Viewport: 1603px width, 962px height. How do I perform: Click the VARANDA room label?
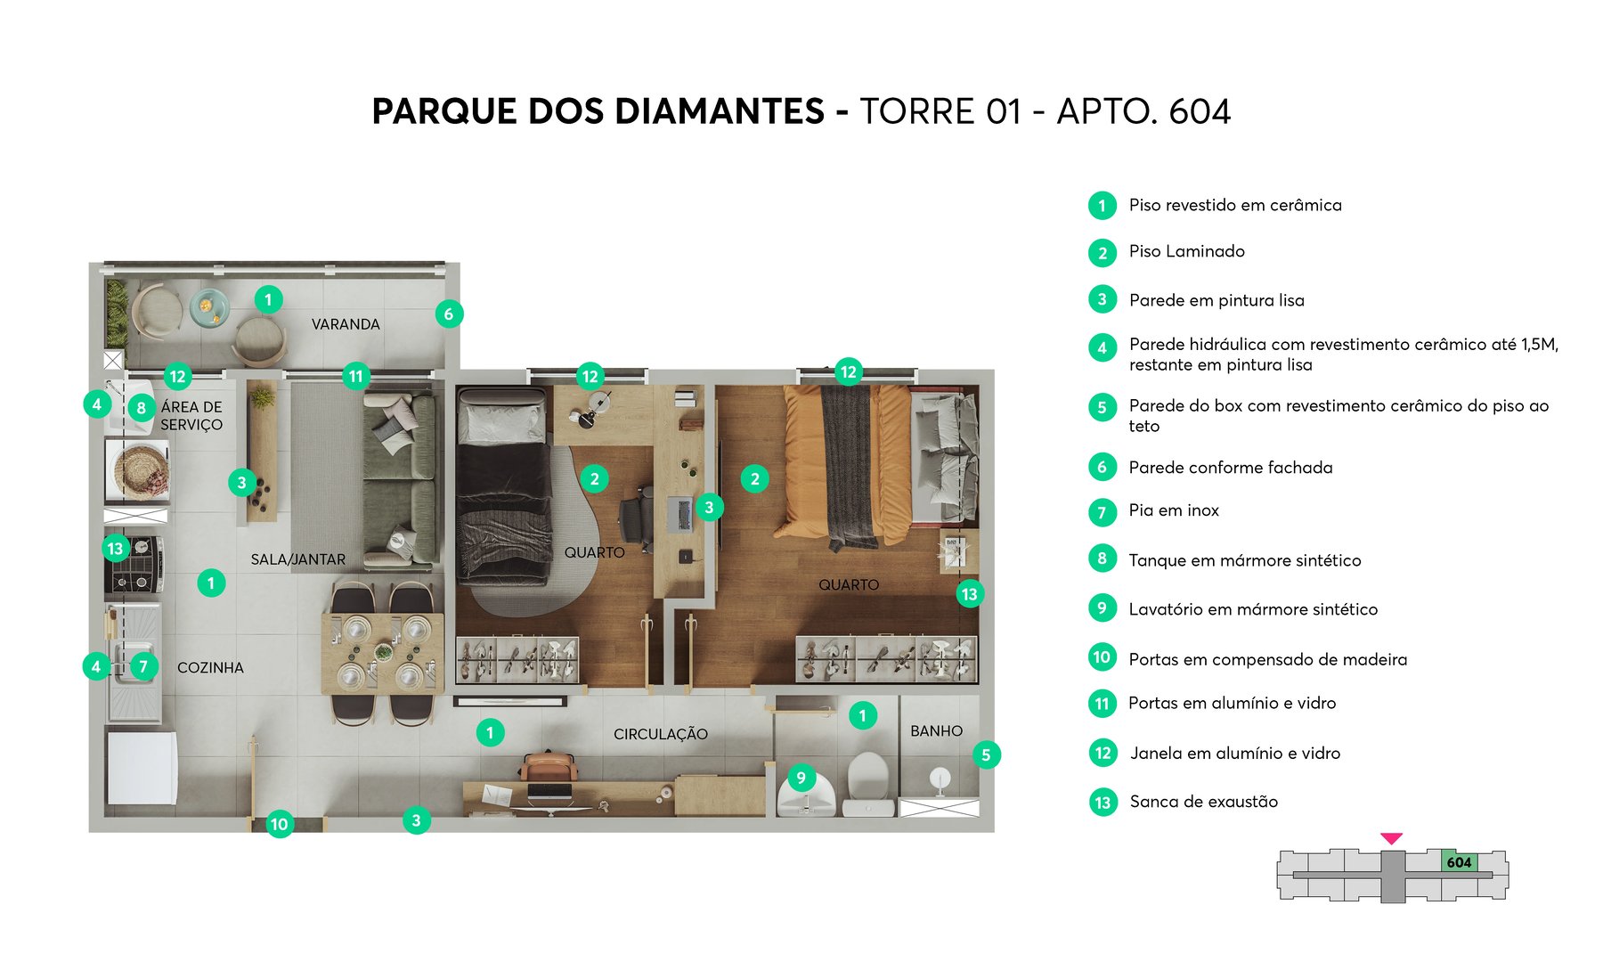(x=346, y=324)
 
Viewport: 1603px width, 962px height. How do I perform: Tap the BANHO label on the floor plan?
(x=936, y=731)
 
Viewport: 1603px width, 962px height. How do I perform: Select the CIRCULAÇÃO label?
(x=660, y=734)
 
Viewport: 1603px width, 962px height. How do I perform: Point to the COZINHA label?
(x=210, y=667)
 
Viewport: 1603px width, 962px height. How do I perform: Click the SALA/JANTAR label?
(x=297, y=559)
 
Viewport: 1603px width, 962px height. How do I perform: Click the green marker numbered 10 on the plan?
(x=280, y=824)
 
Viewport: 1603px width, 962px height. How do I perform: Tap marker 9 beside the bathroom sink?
(x=801, y=778)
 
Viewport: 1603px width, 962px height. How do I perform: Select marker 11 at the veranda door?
(x=356, y=376)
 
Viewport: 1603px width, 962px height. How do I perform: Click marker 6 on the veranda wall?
(x=449, y=314)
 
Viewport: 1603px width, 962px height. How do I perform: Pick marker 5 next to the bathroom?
(x=986, y=755)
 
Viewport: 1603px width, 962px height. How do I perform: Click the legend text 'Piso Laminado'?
(x=1186, y=252)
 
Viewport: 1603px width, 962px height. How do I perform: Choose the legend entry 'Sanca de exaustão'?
(x=1203, y=802)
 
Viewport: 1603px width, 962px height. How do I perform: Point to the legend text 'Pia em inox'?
(x=1173, y=510)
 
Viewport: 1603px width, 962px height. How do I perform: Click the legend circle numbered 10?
(x=1103, y=657)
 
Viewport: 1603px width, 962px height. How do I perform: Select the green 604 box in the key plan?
(x=1459, y=861)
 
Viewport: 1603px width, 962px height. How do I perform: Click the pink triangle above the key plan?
(x=1391, y=838)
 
